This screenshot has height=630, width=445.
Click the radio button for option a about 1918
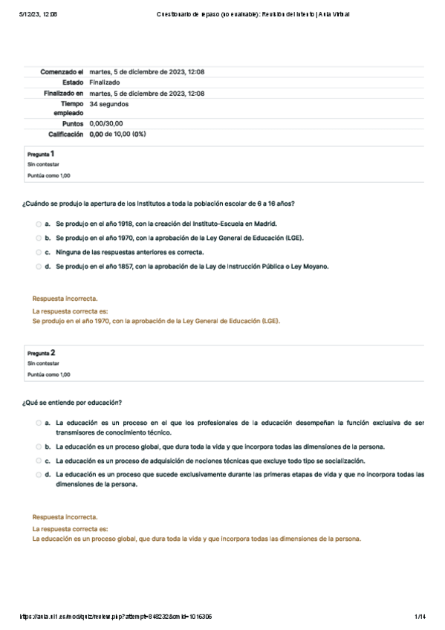pyautogui.click(x=38, y=223)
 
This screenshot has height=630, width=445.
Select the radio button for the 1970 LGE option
pyautogui.click(x=38, y=238)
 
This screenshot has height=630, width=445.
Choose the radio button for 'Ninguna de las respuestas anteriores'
pyautogui.click(x=38, y=252)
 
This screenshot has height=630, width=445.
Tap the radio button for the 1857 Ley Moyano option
pyautogui.click(x=38, y=266)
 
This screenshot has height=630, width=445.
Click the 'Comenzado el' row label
pyautogui.click(x=62, y=72)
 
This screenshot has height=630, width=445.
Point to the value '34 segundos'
pyautogui.click(x=109, y=105)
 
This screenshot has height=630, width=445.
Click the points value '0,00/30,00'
pyautogui.click(x=106, y=124)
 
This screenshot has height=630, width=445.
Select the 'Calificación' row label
pyautogui.click(x=65, y=134)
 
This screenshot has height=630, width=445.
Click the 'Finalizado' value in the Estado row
pyautogui.click(x=105, y=82)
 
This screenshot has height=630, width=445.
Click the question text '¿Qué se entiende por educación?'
pyautogui.click(x=72, y=402)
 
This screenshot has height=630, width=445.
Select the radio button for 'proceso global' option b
pyautogui.click(x=38, y=447)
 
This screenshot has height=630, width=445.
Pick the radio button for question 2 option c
pyautogui.click(x=38, y=461)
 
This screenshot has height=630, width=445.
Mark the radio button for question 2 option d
pyautogui.click(x=38, y=474)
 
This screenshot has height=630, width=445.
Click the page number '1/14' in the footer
pyautogui.click(x=419, y=617)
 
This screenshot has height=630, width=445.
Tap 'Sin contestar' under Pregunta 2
pyautogui.click(x=43, y=364)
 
